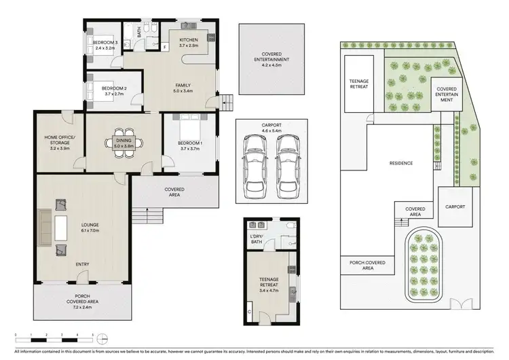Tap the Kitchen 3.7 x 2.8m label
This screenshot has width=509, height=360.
(188, 43)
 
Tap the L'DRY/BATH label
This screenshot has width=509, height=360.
(257, 238)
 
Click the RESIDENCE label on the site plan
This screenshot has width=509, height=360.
(400, 163)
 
